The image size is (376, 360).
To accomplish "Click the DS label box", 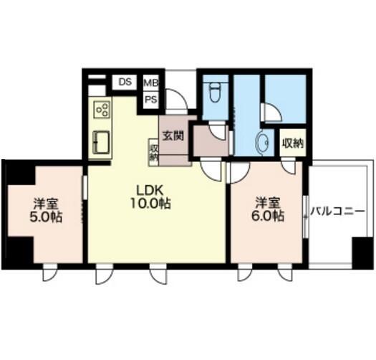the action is pos(125,82).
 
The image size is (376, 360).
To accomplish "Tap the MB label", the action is pos(151,83).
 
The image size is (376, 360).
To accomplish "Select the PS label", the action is pos(151,99).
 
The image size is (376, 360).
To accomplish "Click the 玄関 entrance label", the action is pos(173,136).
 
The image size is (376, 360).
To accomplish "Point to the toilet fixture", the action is pos(214,92).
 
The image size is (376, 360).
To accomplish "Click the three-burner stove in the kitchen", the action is pos(102,109).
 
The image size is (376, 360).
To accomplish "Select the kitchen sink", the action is pos(101,142).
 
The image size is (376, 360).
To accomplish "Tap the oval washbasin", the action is pos(263,143).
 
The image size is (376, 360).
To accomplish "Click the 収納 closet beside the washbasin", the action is pos(293,143).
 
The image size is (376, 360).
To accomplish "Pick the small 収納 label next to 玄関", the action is pos(154,153).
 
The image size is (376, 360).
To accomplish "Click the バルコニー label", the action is pos(337,212).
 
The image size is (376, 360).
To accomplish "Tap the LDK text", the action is pos(150,191).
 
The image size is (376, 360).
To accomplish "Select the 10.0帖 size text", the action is pos(150,204).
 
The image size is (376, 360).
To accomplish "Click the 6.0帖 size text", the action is pos(268,216).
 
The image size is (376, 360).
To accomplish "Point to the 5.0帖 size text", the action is pos(46,217).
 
